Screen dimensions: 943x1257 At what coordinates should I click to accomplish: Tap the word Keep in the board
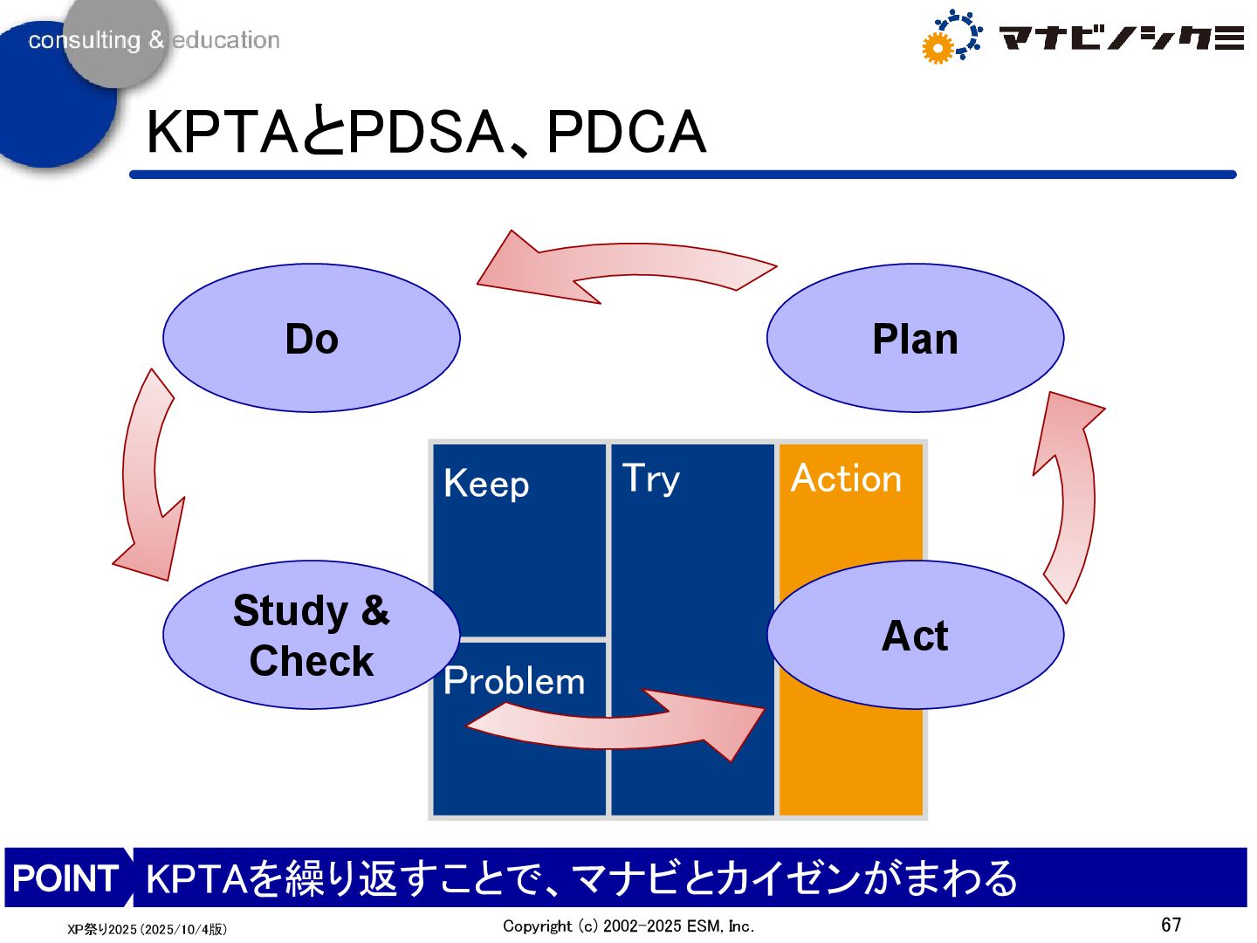point(486,484)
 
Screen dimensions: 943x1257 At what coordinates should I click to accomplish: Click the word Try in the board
point(650,478)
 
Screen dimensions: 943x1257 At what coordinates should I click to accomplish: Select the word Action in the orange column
point(846,478)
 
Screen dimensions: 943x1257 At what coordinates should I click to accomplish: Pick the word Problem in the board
point(514,681)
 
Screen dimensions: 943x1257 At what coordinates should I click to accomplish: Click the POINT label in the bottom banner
point(65,878)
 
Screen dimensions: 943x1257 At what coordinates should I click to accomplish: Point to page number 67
point(1171,925)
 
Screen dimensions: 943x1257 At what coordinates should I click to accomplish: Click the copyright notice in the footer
point(628,926)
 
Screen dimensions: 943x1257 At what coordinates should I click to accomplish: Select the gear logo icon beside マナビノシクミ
point(951,37)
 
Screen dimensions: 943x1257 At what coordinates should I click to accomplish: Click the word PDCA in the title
point(626,133)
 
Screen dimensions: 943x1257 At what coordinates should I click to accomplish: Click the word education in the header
point(226,40)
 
